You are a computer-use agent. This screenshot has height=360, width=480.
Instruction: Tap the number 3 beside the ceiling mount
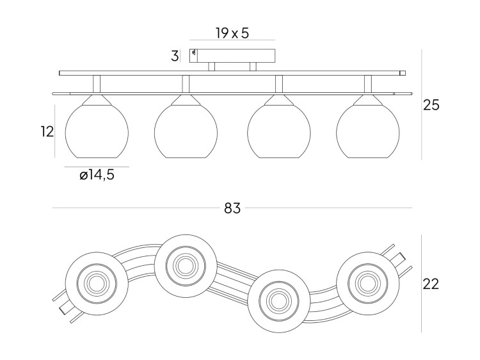click(x=175, y=56)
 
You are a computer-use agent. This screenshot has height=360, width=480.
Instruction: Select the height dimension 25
click(x=431, y=105)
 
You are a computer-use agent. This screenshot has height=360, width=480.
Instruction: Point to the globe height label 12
click(x=46, y=132)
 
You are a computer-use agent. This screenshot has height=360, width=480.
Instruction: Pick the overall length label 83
click(x=232, y=208)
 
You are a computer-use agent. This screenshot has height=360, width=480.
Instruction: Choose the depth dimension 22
click(x=431, y=284)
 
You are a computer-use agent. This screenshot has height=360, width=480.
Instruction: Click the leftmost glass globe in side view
click(x=97, y=130)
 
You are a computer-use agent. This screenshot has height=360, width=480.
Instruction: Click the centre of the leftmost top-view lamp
click(x=95, y=282)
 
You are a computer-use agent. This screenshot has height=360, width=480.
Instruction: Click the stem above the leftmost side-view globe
click(x=97, y=84)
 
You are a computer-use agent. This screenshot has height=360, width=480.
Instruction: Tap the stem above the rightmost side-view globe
click(x=367, y=84)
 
